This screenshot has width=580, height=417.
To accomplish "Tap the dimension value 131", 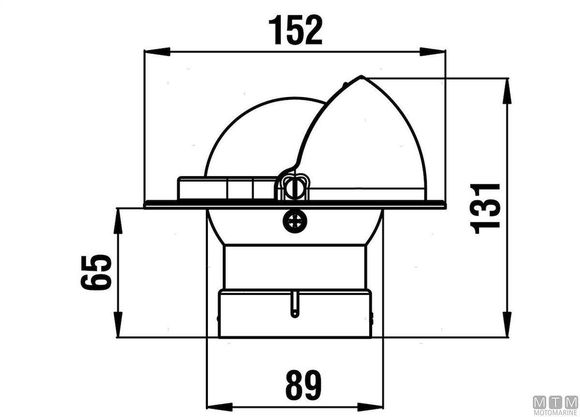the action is pos(485,208).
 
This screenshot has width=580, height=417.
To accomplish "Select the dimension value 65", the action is pos(96,272).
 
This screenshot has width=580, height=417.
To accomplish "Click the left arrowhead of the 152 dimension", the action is pos(157,52).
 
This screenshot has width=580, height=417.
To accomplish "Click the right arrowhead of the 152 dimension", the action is pos(433,52).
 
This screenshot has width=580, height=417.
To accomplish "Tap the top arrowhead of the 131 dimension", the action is pos(507,91).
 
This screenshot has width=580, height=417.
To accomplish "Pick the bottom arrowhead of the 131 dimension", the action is pos(507,324).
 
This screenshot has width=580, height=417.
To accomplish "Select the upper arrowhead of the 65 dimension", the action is pos(118,221).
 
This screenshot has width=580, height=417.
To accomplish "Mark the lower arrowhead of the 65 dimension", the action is pos(118,324).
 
